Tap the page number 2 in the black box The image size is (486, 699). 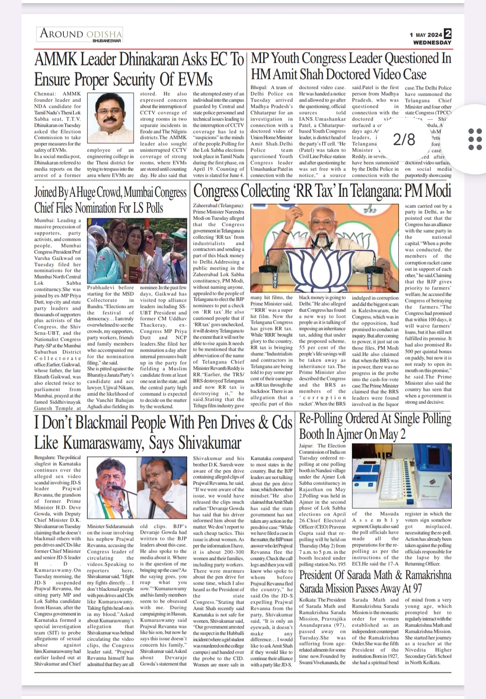[x=447, y=34]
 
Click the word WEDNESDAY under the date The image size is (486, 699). [x=432, y=43]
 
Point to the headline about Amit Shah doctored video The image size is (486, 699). [x=351, y=66]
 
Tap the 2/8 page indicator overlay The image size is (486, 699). [x=404, y=140]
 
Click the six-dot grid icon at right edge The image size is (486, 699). [x=475, y=139]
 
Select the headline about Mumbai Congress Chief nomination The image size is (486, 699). [x=110, y=200]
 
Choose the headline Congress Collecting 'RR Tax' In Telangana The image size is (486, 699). [x=322, y=192]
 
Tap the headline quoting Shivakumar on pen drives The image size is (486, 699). [x=163, y=432]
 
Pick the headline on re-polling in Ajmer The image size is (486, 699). [x=375, y=426]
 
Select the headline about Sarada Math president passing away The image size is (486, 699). [x=375, y=581]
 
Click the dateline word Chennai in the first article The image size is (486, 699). [x=44, y=94]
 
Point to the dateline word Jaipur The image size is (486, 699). [x=306, y=446]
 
